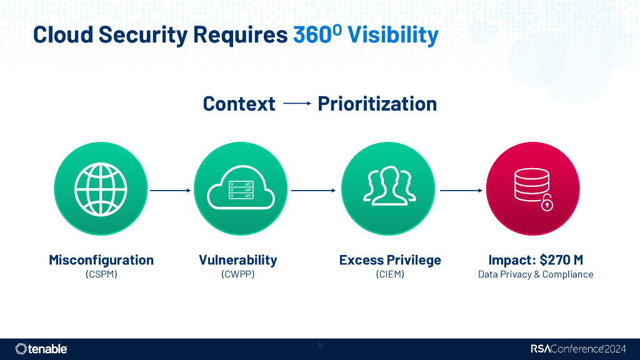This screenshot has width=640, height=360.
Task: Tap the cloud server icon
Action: [241, 189]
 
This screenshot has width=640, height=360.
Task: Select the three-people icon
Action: [388, 186]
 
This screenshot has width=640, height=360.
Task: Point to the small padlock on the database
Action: [547, 203]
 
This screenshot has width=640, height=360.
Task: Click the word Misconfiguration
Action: [101, 260]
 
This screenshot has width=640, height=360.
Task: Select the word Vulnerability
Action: [237, 260]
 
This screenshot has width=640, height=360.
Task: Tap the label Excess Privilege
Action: [390, 260]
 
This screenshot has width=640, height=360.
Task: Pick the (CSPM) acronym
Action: [101, 274]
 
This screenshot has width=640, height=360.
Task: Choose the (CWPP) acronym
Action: [237, 274]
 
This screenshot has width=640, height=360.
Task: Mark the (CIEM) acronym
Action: [390, 274]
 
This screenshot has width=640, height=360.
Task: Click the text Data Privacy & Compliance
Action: [536, 274]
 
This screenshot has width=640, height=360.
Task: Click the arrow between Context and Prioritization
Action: [297, 104]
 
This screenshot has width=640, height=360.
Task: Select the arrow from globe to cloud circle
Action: [170, 189]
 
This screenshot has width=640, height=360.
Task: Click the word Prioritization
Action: [377, 104]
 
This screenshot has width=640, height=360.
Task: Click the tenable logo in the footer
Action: [41, 349]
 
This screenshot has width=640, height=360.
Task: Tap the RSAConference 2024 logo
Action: [579, 349]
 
